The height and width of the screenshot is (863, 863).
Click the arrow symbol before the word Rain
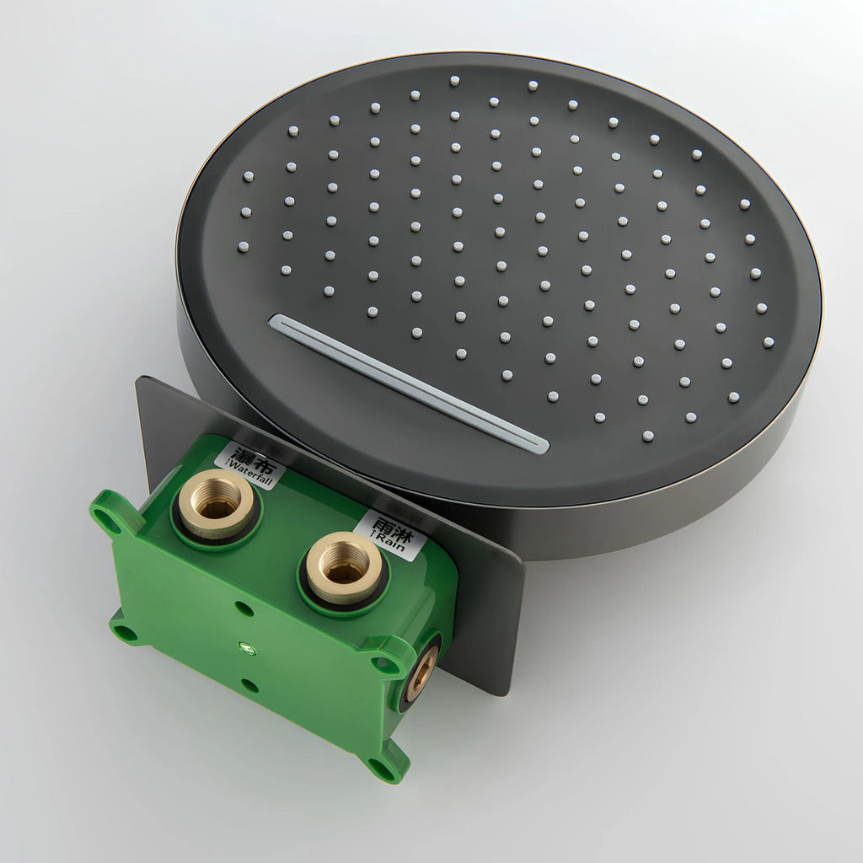374,535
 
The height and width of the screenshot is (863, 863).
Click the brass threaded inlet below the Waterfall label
217,502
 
